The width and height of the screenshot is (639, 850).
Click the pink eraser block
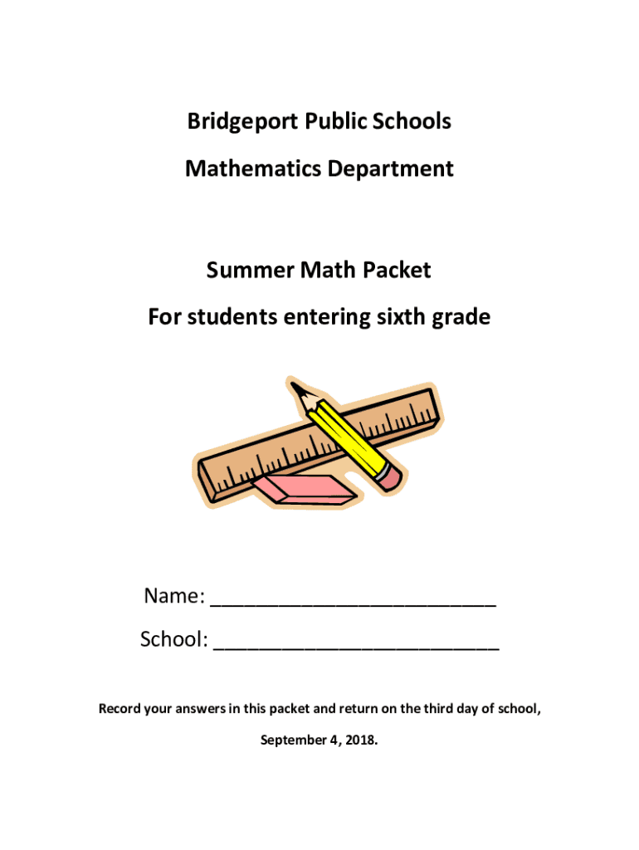pos(305,489)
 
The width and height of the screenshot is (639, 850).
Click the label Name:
pos(174,597)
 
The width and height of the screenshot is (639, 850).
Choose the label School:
pos(173,640)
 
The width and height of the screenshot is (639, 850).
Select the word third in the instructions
pos(439,709)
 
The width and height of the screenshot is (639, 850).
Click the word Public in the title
pos(332,122)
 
